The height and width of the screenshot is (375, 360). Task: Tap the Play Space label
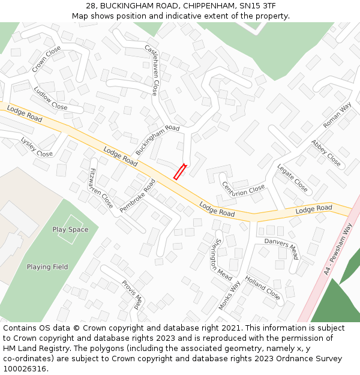click(70, 229)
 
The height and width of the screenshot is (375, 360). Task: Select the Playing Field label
click(47, 267)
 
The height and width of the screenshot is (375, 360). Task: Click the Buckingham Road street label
click(157, 140)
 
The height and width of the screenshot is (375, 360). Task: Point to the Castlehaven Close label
click(151, 70)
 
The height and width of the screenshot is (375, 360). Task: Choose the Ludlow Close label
click(50, 98)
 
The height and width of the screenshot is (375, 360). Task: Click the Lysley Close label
click(37, 147)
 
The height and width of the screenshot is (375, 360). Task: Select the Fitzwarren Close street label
click(100, 188)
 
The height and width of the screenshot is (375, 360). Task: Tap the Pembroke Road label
click(137, 196)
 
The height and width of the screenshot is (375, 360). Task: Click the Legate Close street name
click(292, 178)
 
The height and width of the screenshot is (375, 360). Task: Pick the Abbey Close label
click(326, 153)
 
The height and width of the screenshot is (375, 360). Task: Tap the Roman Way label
click(337, 115)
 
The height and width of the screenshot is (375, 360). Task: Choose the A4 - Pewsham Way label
click(338, 249)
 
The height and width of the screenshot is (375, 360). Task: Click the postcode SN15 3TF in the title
click(257, 5)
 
